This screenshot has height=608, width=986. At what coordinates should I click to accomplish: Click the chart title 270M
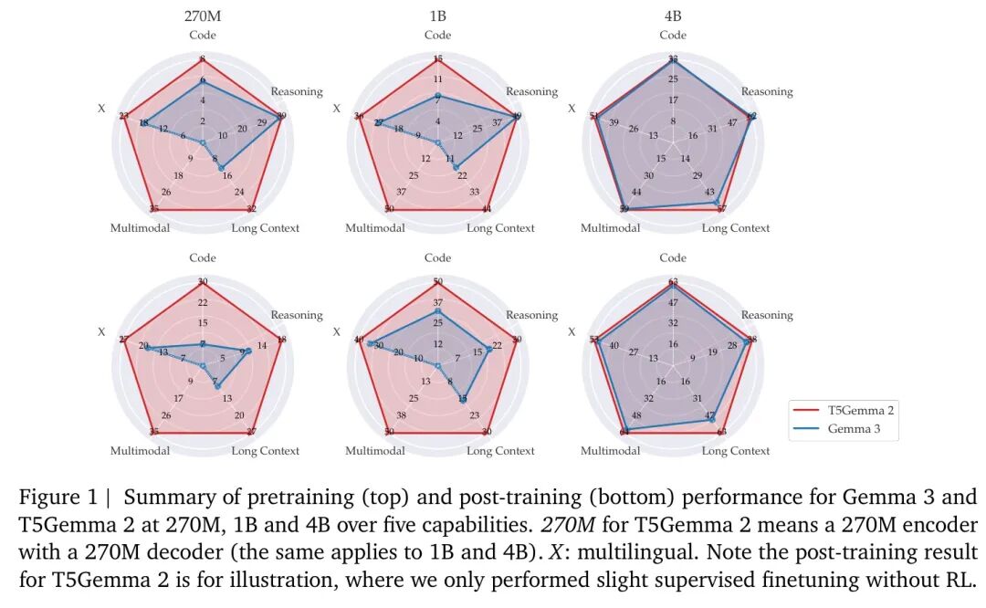(202, 16)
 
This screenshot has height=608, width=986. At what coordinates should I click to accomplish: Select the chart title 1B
(437, 16)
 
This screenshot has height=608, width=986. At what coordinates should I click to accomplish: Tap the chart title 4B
(673, 16)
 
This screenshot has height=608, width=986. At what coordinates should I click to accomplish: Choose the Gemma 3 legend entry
(854, 428)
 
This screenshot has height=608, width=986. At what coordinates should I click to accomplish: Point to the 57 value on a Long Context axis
(721, 209)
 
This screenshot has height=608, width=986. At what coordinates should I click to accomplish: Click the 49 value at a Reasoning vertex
(517, 116)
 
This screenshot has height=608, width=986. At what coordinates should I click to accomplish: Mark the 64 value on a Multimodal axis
(624, 432)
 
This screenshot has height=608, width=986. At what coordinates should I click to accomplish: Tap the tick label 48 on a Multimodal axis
(636, 415)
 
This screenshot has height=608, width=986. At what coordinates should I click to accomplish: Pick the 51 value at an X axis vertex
(595, 116)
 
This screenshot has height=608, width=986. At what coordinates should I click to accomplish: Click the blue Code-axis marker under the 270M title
(202, 80)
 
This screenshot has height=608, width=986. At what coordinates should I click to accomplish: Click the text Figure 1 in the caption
(57, 498)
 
